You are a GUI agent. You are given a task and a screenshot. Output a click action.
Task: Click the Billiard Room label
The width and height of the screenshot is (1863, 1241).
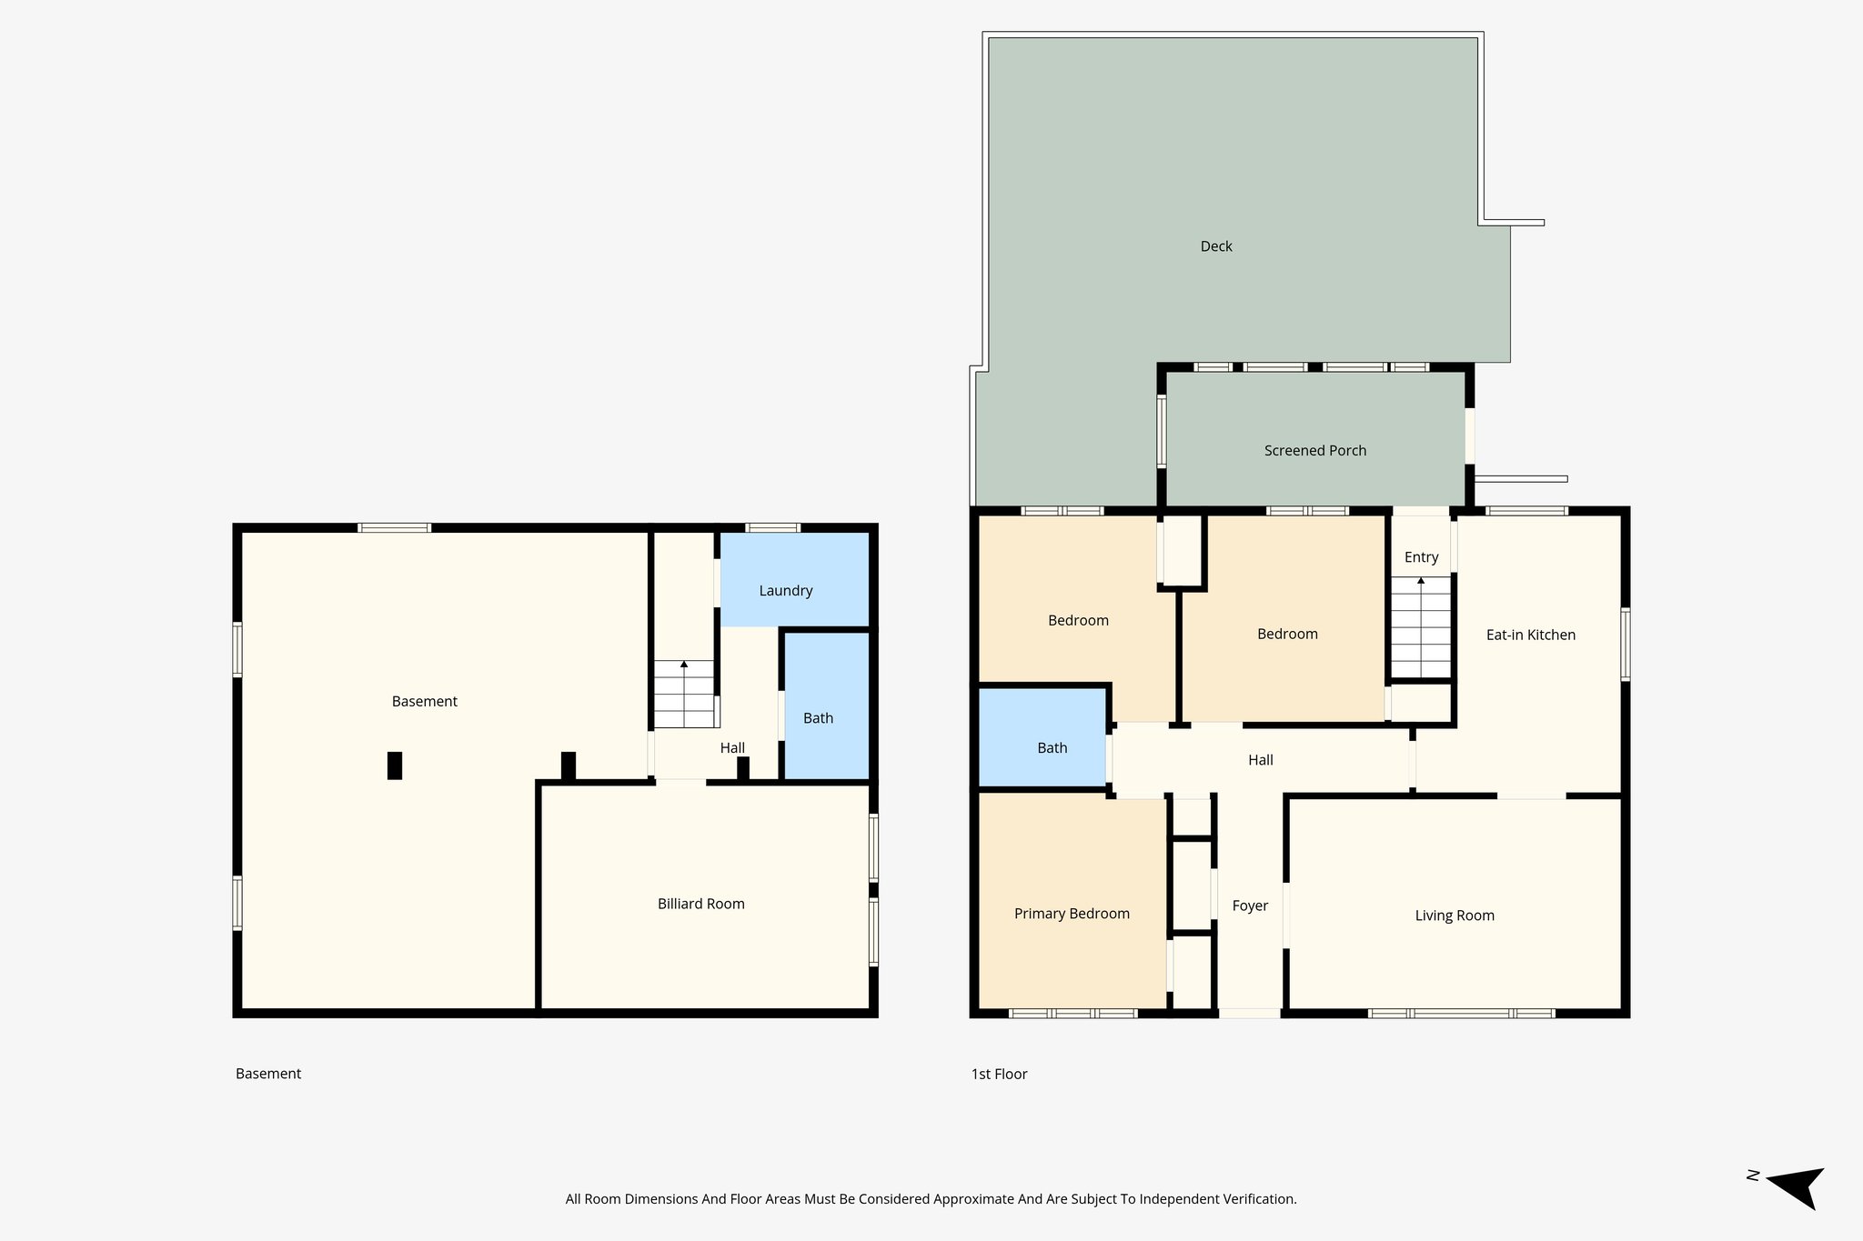[x=700, y=904]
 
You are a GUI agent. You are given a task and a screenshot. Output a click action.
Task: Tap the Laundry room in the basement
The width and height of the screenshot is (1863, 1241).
[x=786, y=590]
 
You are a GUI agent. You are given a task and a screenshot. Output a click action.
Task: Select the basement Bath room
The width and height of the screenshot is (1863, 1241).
[x=818, y=717]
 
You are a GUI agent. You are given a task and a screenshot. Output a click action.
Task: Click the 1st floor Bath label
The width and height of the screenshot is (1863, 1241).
[x=1052, y=747]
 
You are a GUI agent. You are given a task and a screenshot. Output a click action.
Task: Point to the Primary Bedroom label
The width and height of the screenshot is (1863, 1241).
[x=1072, y=914]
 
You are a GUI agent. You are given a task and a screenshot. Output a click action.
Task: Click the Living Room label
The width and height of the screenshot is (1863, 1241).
[x=1454, y=916]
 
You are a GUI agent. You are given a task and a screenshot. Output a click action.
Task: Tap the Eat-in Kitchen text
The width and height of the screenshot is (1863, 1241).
[x=1530, y=635]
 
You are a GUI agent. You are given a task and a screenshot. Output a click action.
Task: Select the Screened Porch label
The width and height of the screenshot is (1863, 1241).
[x=1314, y=450]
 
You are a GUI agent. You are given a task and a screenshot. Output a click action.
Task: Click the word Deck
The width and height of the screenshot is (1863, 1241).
[x=1215, y=246]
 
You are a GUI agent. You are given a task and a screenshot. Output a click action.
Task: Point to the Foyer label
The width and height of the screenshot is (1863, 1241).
[x=1249, y=906]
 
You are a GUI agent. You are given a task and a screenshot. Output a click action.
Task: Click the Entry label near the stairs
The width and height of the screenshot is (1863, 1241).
[x=1421, y=557]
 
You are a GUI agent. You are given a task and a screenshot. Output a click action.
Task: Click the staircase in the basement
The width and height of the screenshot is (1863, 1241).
[x=684, y=695]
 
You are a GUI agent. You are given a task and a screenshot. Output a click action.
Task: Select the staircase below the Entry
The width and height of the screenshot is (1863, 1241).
[x=1420, y=627]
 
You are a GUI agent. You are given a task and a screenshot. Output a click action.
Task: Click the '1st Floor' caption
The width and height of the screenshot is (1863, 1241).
[x=999, y=1074]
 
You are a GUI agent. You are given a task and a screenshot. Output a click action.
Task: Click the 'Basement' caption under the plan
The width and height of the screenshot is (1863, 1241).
[x=267, y=1074]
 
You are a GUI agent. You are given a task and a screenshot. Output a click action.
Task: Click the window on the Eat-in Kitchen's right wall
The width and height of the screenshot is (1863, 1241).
[x=1625, y=645]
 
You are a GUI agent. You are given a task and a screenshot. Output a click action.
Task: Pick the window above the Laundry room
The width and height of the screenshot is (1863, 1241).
[x=772, y=527]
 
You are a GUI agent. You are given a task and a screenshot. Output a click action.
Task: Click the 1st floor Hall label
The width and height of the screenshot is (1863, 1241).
[x=1260, y=760]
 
